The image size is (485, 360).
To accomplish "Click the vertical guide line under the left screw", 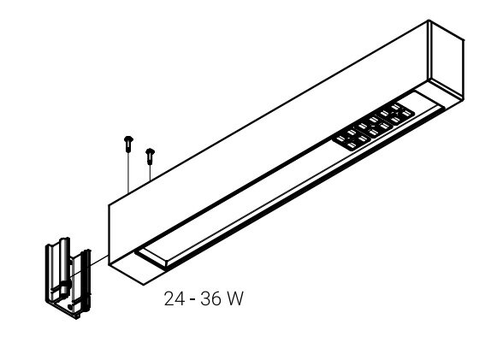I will pos(127,171).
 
